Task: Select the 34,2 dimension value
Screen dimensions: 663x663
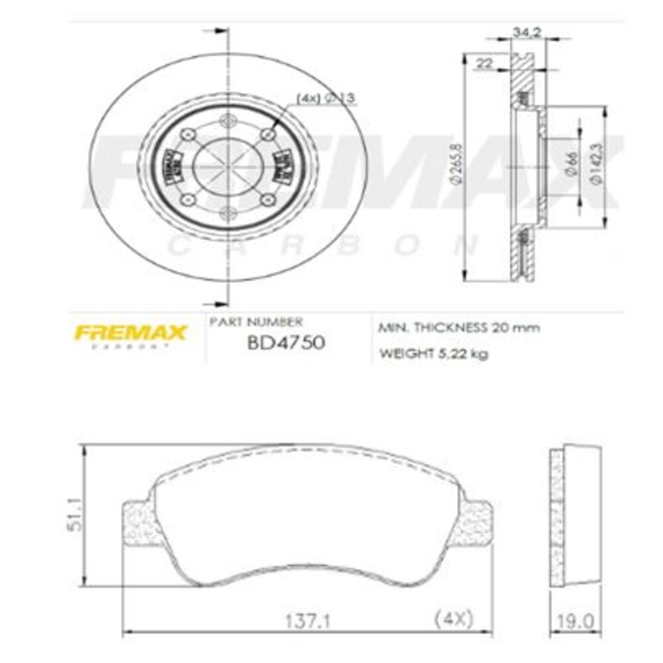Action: pos(528,30)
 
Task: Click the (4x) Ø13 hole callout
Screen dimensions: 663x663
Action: pos(326,98)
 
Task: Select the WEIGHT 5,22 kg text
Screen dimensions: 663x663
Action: pos(434,354)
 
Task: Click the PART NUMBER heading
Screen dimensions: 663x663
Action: pos(256,322)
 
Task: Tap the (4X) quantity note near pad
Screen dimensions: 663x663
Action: pos(453,619)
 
